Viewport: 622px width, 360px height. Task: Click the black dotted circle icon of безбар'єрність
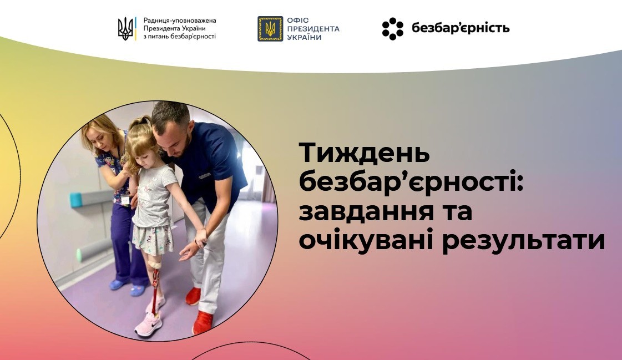393,29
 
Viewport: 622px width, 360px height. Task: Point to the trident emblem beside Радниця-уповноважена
126,29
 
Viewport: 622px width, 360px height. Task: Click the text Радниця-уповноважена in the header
179,21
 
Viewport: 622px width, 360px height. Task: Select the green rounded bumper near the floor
80,255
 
